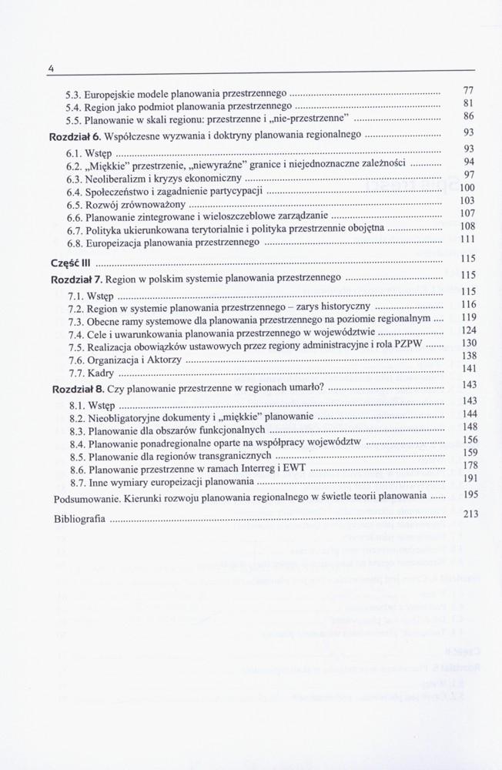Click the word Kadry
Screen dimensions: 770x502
(x=101, y=373)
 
